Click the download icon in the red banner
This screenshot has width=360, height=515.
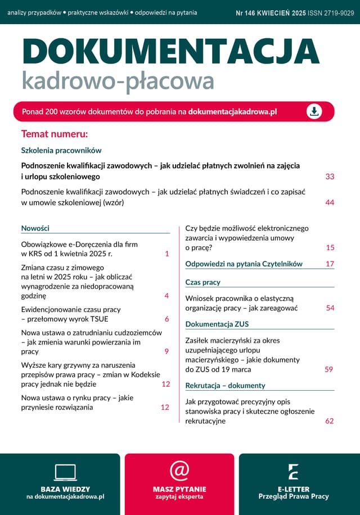point(314,111)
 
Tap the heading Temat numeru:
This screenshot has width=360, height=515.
point(55,134)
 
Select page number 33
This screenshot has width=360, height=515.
point(330,177)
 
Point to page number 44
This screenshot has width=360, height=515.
point(330,202)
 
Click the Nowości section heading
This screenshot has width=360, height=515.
point(35,228)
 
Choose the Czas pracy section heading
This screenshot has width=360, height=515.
point(203,282)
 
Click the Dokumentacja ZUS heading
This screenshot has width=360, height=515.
point(217,324)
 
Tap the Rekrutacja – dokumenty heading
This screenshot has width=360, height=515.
point(225,386)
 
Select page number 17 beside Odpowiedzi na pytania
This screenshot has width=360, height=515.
point(330,264)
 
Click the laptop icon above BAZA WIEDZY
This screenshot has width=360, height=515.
point(65,472)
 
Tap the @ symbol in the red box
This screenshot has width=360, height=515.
point(179,471)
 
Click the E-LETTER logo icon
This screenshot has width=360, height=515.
point(293,472)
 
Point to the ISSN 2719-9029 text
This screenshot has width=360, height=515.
point(331,12)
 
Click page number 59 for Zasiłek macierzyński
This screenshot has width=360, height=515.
point(329,369)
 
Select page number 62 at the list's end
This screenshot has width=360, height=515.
point(329,421)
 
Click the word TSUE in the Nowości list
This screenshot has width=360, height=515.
point(98,319)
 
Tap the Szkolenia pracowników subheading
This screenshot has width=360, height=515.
point(61,151)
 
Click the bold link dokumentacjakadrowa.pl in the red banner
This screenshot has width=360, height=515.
point(232,112)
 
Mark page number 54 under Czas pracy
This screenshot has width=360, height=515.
point(330,308)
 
